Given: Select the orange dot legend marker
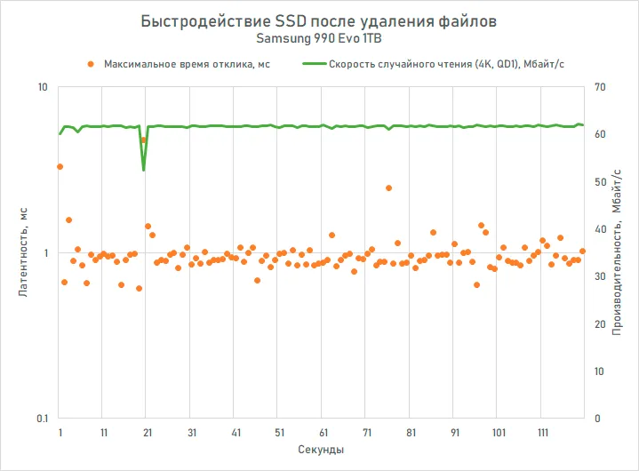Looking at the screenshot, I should click(91, 64).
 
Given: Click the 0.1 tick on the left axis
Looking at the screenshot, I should click(41, 419).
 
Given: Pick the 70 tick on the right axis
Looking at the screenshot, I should click(600, 87).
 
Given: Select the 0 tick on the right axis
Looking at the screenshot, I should click(596, 419).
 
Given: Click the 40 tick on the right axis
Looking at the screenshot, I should click(600, 229).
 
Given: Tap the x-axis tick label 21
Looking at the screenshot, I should click(148, 432).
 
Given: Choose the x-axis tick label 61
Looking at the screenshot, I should click(323, 432).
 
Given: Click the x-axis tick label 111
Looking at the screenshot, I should click(542, 432).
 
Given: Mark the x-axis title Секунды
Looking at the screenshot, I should click(321, 451).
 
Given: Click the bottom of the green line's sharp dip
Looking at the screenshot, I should click(144, 170).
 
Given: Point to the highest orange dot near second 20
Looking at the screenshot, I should click(144, 140).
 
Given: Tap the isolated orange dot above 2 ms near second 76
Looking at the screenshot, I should click(388, 188).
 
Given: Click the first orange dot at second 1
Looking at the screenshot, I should click(60, 166).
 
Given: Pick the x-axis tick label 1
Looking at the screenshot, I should click(60, 432).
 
